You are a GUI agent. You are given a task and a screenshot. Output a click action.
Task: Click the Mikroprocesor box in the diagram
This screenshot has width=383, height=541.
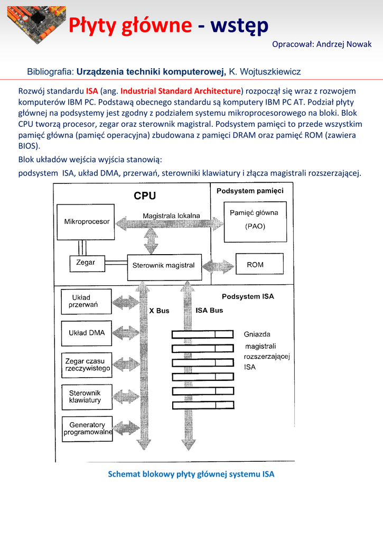pyautogui.click(x=87, y=221)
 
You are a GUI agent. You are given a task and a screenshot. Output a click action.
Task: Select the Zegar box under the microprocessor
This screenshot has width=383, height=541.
pyautogui.click(x=86, y=262)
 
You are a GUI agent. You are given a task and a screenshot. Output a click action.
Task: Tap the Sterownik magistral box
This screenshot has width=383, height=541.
pyautogui.click(x=164, y=266)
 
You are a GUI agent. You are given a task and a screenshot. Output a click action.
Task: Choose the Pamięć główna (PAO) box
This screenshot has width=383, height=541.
pyautogui.click(x=255, y=219)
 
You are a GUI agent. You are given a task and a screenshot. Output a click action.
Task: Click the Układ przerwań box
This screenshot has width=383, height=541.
pyautogui.click(x=87, y=302)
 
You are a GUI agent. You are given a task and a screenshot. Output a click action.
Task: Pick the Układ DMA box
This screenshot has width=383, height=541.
pyautogui.click(x=87, y=333)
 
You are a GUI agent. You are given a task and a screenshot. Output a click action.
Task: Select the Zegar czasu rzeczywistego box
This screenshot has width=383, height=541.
pyautogui.click(x=87, y=365)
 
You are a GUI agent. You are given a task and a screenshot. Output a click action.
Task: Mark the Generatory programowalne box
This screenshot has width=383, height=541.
pyautogui.click(x=88, y=428)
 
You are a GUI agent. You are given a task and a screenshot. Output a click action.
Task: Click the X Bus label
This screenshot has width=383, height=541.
pyautogui.click(x=159, y=311)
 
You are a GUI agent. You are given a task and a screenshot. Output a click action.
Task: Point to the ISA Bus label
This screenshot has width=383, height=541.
pyautogui.click(x=209, y=310)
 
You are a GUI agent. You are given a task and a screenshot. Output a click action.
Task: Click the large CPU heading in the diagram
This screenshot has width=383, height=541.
pyautogui.click(x=144, y=196)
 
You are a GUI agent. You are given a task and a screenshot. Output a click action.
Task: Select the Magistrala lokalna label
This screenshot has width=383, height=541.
pyautogui.click(x=171, y=216)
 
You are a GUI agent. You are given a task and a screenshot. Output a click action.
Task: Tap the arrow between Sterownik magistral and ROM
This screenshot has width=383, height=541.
pyautogui.click(x=218, y=265)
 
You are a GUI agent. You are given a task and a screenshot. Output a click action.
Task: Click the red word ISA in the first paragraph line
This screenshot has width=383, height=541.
pyautogui.click(x=92, y=91)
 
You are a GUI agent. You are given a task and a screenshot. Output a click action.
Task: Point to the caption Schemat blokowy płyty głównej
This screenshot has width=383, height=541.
pyautogui.click(x=191, y=474)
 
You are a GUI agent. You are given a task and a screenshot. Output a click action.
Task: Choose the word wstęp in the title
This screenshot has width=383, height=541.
pyautogui.click(x=239, y=25)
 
